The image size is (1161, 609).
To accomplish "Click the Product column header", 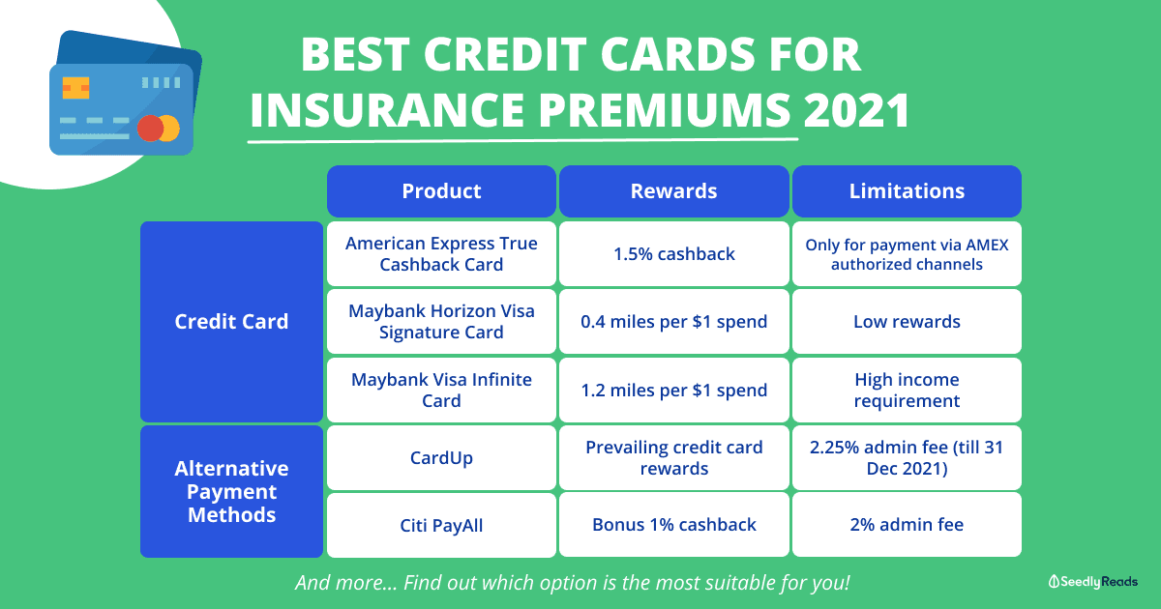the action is coord(441,191).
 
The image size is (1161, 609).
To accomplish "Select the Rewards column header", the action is coord(673,191).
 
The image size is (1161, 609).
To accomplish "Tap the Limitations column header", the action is coord(908,191).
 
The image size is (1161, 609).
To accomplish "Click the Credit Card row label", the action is coord(231,322).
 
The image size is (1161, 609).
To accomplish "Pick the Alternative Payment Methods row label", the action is coord(231,491).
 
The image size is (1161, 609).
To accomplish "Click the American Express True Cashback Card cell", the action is coord(441,253).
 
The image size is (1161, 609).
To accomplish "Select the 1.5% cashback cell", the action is coord(673,253).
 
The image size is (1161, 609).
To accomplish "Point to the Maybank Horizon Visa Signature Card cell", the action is coord(441,322).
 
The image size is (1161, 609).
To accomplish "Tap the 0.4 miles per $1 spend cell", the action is coord(673,322).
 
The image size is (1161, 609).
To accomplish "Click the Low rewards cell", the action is coord(908,322).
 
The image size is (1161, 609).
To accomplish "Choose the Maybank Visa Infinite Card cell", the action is coord(441,390).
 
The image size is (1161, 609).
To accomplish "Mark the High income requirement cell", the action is coord(908,390).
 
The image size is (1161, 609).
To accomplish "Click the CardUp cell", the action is coord(441,458).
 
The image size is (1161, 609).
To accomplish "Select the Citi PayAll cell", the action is coord(441,525).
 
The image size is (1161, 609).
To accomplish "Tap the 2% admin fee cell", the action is coord(908,525).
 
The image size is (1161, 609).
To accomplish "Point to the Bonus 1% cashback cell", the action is coord(673,525).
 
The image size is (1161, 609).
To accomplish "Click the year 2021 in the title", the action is coord(856,110).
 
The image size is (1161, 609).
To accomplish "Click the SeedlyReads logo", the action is coord(1092,582).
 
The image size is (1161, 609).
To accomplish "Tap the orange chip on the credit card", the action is coord(75,88).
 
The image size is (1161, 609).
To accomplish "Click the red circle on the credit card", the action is coord(151,128).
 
